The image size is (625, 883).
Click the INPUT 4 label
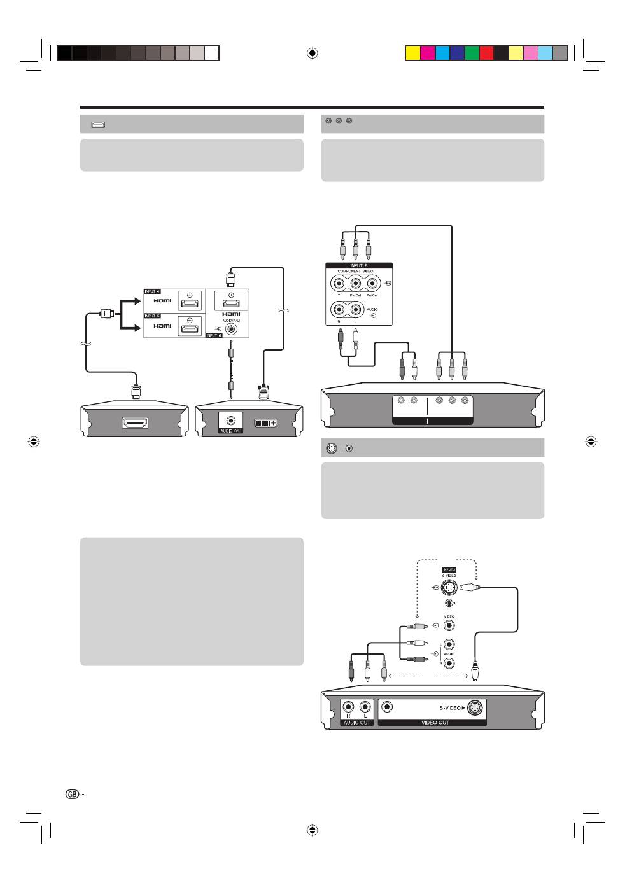click(x=151, y=291)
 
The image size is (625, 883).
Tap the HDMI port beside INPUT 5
click(x=189, y=328)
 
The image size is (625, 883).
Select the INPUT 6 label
click(x=214, y=335)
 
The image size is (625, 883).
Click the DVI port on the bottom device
click(x=265, y=422)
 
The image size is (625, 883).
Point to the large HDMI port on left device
click(x=135, y=422)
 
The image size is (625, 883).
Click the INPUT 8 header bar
click(x=358, y=265)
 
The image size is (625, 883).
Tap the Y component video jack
click(x=339, y=284)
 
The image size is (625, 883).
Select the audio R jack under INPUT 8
click(x=339, y=310)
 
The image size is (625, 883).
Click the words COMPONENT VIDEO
click(x=355, y=272)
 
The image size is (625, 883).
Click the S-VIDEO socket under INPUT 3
click(x=449, y=587)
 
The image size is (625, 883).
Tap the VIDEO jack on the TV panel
click(x=449, y=626)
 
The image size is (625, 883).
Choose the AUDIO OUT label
click(x=356, y=723)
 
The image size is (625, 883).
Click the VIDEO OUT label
click(x=435, y=723)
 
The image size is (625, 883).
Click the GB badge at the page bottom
click(x=73, y=794)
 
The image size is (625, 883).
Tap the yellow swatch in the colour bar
click(x=412, y=53)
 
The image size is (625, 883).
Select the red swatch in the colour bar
click(x=486, y=53)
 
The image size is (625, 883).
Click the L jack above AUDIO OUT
click(x=365, y=706)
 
